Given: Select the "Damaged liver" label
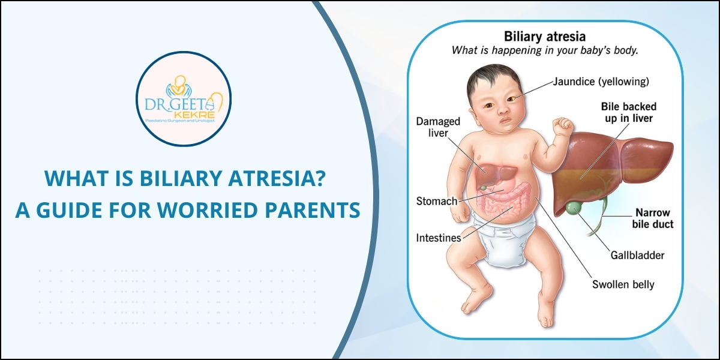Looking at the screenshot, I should click(x=438, y=127).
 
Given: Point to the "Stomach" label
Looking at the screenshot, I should click(x=437, y=200).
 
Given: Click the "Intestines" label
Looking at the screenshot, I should click(x=439, y=238).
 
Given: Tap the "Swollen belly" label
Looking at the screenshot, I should click(x=623, y=284).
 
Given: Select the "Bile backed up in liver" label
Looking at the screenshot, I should click(x=626, y=112).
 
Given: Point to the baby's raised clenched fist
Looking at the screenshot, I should click(x=564, y=126).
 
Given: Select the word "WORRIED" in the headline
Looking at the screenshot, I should click(x=227, y=211).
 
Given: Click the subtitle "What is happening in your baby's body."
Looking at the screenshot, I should click(x=544, y=50).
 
